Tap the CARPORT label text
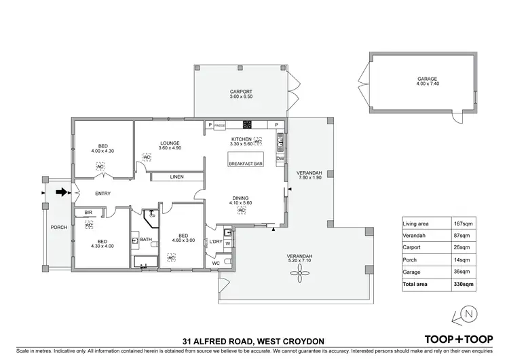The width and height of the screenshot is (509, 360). click(x=241, y=91)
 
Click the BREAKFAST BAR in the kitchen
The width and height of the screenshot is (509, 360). click(x=246, y=164)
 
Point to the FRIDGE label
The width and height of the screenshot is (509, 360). click(x=219, y=126)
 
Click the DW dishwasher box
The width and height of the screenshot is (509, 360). click(x=280, y=159)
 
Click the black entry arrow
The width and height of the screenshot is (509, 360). click(x=62, y=192)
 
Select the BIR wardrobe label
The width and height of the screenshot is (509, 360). click(x=88, y=213)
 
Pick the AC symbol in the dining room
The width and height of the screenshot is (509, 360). click(x=242, y=211)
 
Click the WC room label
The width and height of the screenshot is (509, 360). click(x=215, y=262)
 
